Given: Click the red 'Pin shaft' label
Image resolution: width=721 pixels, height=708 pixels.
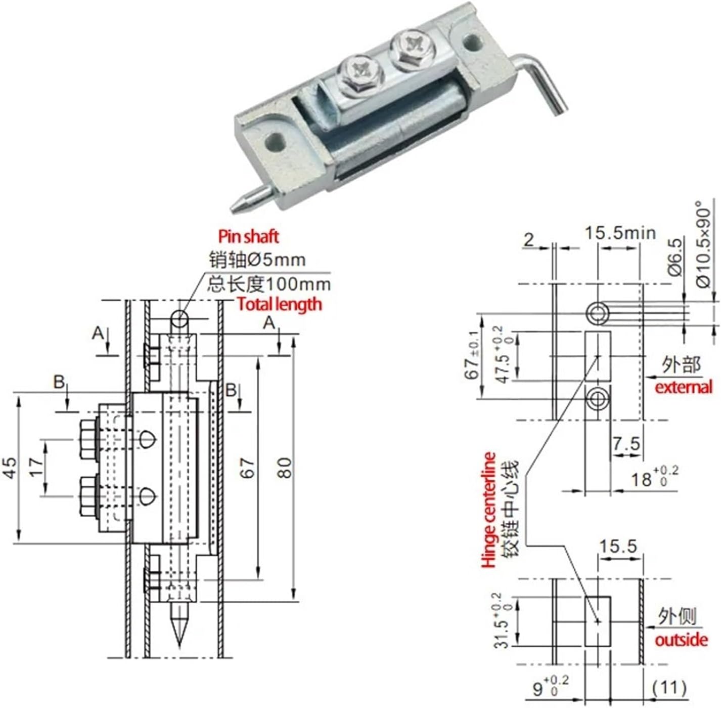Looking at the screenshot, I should [248, 236].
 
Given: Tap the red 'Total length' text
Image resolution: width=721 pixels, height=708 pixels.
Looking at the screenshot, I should [279, 304].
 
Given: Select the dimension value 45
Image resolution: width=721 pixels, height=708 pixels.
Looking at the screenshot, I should [11, 468].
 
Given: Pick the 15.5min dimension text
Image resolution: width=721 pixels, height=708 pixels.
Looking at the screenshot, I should [620, 233].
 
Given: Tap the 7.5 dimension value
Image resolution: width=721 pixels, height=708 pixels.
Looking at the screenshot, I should [626, 444].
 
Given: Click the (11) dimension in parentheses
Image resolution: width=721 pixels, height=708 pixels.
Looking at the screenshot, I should [669, 687].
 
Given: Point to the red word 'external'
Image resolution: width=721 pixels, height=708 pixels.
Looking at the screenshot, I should [683, 387].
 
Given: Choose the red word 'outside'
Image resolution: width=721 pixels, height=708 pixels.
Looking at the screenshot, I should [681, 640].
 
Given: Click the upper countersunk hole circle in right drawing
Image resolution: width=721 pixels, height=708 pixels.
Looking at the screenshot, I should [598, 314].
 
